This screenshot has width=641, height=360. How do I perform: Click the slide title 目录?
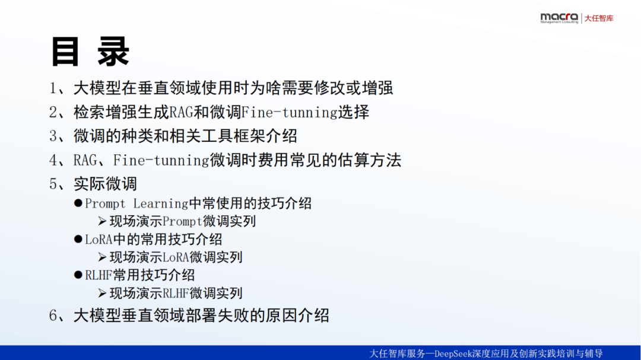[90, 52]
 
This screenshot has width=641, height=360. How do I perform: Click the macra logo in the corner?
[559, 18]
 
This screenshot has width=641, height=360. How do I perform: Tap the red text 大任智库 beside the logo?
[599, 18]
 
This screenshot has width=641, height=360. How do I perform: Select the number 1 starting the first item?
[53, 88]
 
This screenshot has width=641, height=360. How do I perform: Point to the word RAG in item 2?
[181, 112]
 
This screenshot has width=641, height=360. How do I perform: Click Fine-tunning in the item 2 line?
[290, 112]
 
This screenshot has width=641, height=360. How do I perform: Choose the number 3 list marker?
[53, 136]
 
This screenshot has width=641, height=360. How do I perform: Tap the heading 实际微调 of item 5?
[105, 184]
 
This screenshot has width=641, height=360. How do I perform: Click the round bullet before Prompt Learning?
[78, 203]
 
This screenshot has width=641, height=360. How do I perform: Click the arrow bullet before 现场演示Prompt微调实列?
[102, 221]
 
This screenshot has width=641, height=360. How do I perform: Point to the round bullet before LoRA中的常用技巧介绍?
[78, 239]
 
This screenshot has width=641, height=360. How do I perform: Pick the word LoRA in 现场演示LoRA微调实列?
[176, 257]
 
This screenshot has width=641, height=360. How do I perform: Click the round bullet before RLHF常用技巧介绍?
[78, 275]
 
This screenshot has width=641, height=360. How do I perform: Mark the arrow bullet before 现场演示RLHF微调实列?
[102, 293]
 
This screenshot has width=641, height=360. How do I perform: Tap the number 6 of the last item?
[53, 316]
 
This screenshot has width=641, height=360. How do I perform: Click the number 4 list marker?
[53, 160]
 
